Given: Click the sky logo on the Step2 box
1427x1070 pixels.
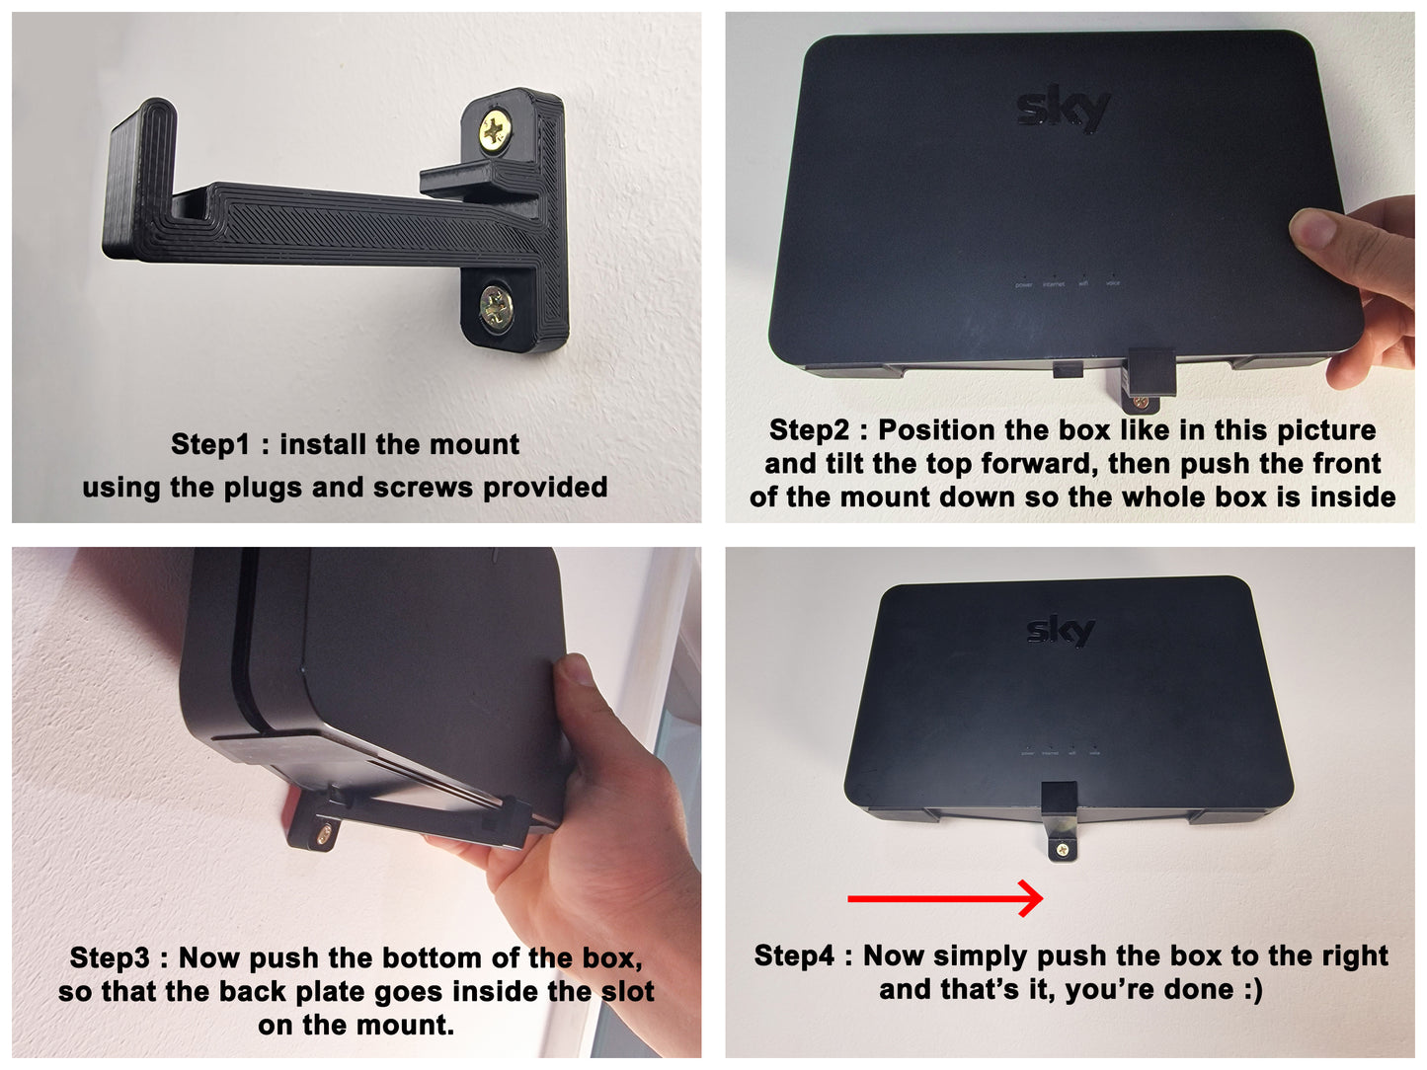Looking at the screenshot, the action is [x=1063, y=112].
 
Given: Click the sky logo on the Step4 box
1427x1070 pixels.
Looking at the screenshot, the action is [x=1061, y=630].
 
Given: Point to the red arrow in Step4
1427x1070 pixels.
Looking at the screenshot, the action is [x=945, y=898].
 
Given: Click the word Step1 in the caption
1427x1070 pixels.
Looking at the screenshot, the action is [x=209, y=444].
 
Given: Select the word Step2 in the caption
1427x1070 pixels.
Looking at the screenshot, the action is [x=809, y=430].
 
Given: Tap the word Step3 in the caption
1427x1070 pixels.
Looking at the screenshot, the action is [x=110, y=957].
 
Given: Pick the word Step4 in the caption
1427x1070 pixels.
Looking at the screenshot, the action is [x=794, y=955].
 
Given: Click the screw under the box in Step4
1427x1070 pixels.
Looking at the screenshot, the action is [x=1063, y=849].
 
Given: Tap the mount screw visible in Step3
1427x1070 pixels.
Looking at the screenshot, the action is [x=323, y=834].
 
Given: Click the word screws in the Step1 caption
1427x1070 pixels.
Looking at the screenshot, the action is [x=423, y=488].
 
